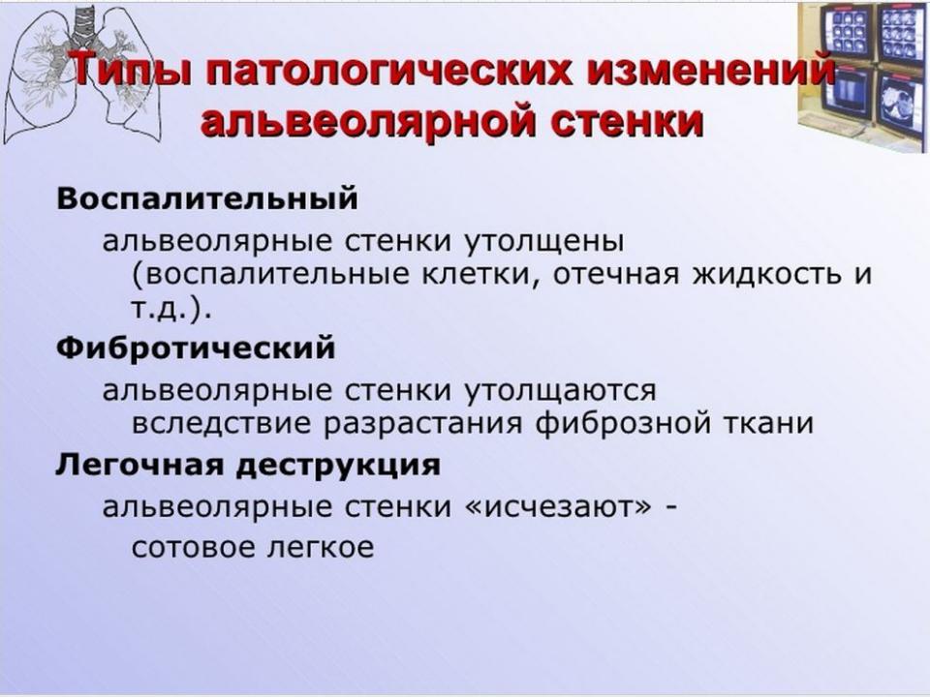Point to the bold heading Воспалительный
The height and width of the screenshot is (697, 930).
207,198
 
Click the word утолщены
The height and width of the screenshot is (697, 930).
543,242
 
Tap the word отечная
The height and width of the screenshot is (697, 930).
616,274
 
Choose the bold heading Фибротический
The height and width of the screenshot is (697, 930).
196,348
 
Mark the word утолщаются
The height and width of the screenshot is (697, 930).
560,391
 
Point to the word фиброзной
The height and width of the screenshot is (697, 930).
623,423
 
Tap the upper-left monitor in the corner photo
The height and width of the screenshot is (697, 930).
846,32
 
